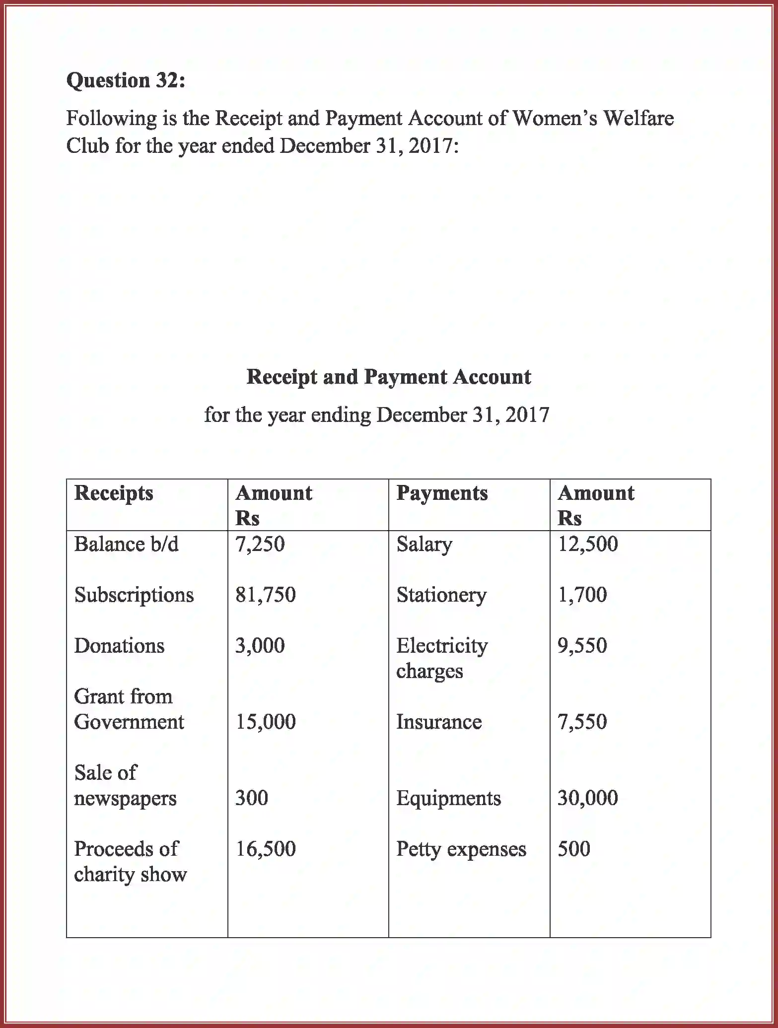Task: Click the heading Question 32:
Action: pyautogui.click(x=126, y=80)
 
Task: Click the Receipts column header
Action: pyautogui.click(x=114, y=493)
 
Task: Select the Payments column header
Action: pyautogui.click(x=442, y=493)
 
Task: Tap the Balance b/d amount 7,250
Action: pyautogui.click(x=260, y=545)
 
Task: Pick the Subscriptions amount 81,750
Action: pyautogui.click(x=266, y=595)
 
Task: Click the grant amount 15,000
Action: pyautogui.click(x=266, y=722)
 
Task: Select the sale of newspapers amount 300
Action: pyautogui.click(x=252, y=798)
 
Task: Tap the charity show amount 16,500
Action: pyautogui.click(x=266, y=849)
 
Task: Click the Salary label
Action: pyautogui.click(x=424, y=545)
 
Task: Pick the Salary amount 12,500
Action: pyautogui.click(x=588, y=545)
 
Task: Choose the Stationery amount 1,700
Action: pyautogui.click(x=582, y=595)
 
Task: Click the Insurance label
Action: pyautogui.click(x=439, y=722)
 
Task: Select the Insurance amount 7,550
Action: pyautogui.click(x=582, y=722)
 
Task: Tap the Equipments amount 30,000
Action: pyautogui.click(x=588, y=798)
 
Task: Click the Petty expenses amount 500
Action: pyautogui.click(x=574, y=849)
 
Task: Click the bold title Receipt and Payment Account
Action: pyautogui.click(x=389, y=377)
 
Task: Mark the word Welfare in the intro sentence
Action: pyautogui.click(x=638, y=119)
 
